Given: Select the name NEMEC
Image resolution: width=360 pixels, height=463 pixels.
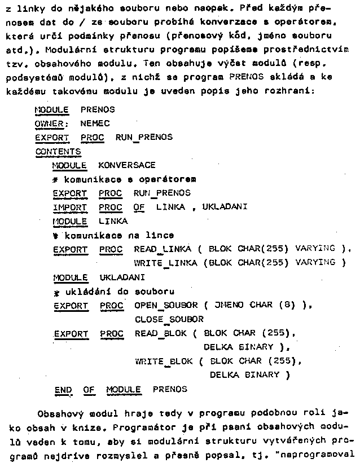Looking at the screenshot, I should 95,124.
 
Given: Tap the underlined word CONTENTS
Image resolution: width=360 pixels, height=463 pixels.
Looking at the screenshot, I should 58,151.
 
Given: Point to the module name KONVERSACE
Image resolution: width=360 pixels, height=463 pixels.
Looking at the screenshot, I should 126,165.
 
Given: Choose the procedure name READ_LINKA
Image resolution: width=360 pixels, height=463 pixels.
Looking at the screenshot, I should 160,249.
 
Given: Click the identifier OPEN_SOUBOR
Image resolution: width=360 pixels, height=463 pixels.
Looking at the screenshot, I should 166,305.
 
